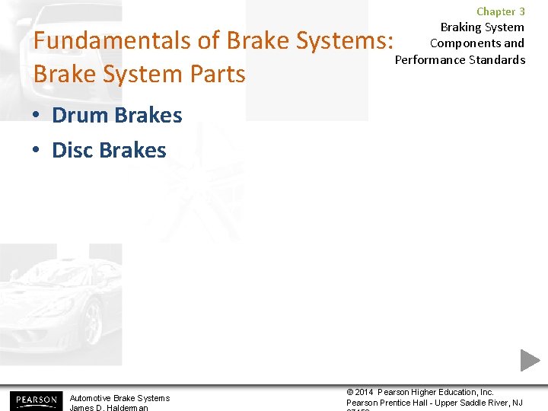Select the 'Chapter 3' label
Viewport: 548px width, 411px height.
pos(500,11)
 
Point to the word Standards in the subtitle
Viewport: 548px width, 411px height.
pos(495,59)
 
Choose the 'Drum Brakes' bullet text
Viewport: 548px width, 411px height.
pos(116,116)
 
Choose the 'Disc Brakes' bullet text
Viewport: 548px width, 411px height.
pos(109,150)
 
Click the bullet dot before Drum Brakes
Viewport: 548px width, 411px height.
pos(37,116)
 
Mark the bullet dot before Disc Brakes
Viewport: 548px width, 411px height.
pos(37,151)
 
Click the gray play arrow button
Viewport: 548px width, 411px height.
pos(530,360)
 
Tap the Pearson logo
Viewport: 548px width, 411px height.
pos(35,400)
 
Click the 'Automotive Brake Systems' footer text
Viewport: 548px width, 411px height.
pos(119,398)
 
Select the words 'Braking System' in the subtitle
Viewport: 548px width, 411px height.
pos(482,27)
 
